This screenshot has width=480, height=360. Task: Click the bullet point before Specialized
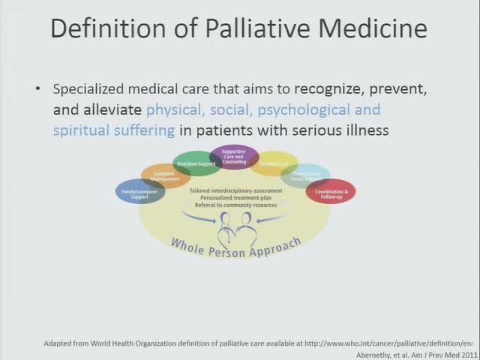[38, 89]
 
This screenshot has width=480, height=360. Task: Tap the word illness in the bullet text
[365, 130]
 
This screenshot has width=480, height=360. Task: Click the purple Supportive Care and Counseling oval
[233, 158]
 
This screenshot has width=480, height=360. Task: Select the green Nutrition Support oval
[197, 163]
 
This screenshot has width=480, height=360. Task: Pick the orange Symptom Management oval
[166, 177]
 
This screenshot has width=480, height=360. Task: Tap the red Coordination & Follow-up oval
[330, 192]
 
